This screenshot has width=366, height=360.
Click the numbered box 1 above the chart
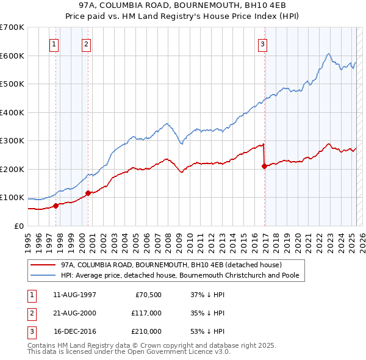[54, 43]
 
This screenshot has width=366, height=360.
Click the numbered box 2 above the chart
[87, 43]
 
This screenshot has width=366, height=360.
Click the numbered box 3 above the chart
[262, 43]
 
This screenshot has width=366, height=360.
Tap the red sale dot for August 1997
[56, 206]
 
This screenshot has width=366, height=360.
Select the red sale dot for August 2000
[88, 193]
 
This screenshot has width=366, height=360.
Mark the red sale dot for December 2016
[264, 167]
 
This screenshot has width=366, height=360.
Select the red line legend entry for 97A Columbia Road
[171, 265]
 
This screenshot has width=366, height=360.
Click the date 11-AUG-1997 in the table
[75, 295]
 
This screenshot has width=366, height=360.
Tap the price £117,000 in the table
[146, 313]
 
